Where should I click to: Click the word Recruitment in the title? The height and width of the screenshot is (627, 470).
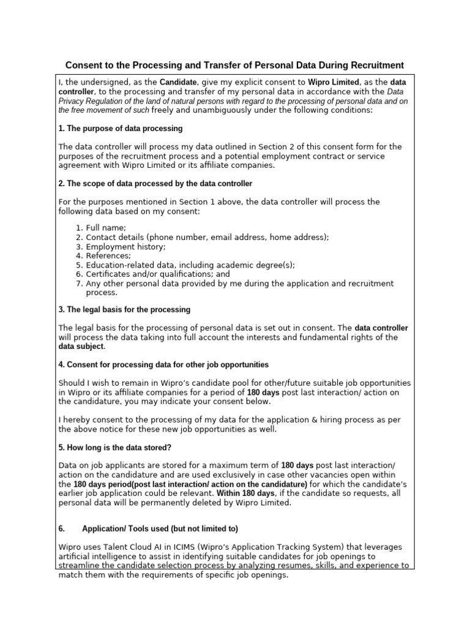point(373,65)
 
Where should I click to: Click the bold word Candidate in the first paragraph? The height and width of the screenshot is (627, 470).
point(178,82)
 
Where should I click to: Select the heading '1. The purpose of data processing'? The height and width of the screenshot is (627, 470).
point(120,129)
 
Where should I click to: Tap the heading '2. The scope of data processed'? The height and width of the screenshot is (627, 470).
point(155,184)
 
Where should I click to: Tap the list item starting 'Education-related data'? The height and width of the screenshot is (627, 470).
point(190,265)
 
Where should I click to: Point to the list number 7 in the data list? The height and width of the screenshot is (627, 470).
point(78,283)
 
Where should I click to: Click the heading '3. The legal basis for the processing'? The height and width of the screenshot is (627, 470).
point(124,310)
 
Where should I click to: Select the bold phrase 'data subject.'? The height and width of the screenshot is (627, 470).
point(82,347)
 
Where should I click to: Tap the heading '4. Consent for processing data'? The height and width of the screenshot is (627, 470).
point(163,365)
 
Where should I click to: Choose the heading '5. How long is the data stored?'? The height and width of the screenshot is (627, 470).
point(118,448)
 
